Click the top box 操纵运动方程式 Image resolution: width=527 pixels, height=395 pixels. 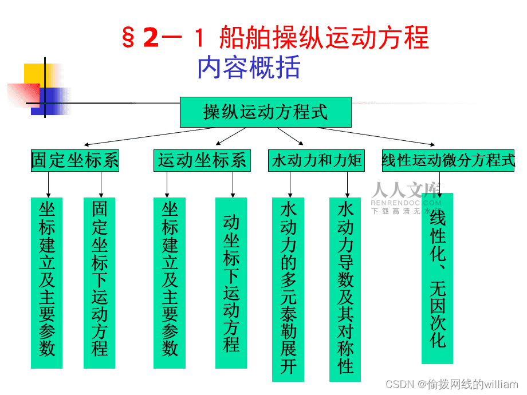click(x=265, y=112)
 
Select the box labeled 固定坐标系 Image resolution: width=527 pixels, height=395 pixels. click(x=75, y=160)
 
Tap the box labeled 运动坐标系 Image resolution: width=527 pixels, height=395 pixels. click(x=202, y=160)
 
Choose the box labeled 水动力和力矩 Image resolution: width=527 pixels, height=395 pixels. click(x=316, y=161)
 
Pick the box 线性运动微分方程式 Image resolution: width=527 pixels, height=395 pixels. click(x=449, y=161)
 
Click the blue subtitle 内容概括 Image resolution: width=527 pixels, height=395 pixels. click(x=249, y=68)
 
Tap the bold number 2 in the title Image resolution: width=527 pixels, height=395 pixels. click(x=151, y=38)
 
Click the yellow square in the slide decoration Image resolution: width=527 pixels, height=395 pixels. click(x=34, y=75)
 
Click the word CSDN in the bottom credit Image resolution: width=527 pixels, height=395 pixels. click(x=400, y=384)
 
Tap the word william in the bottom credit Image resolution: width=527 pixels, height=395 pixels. click(x=501, y=384)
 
